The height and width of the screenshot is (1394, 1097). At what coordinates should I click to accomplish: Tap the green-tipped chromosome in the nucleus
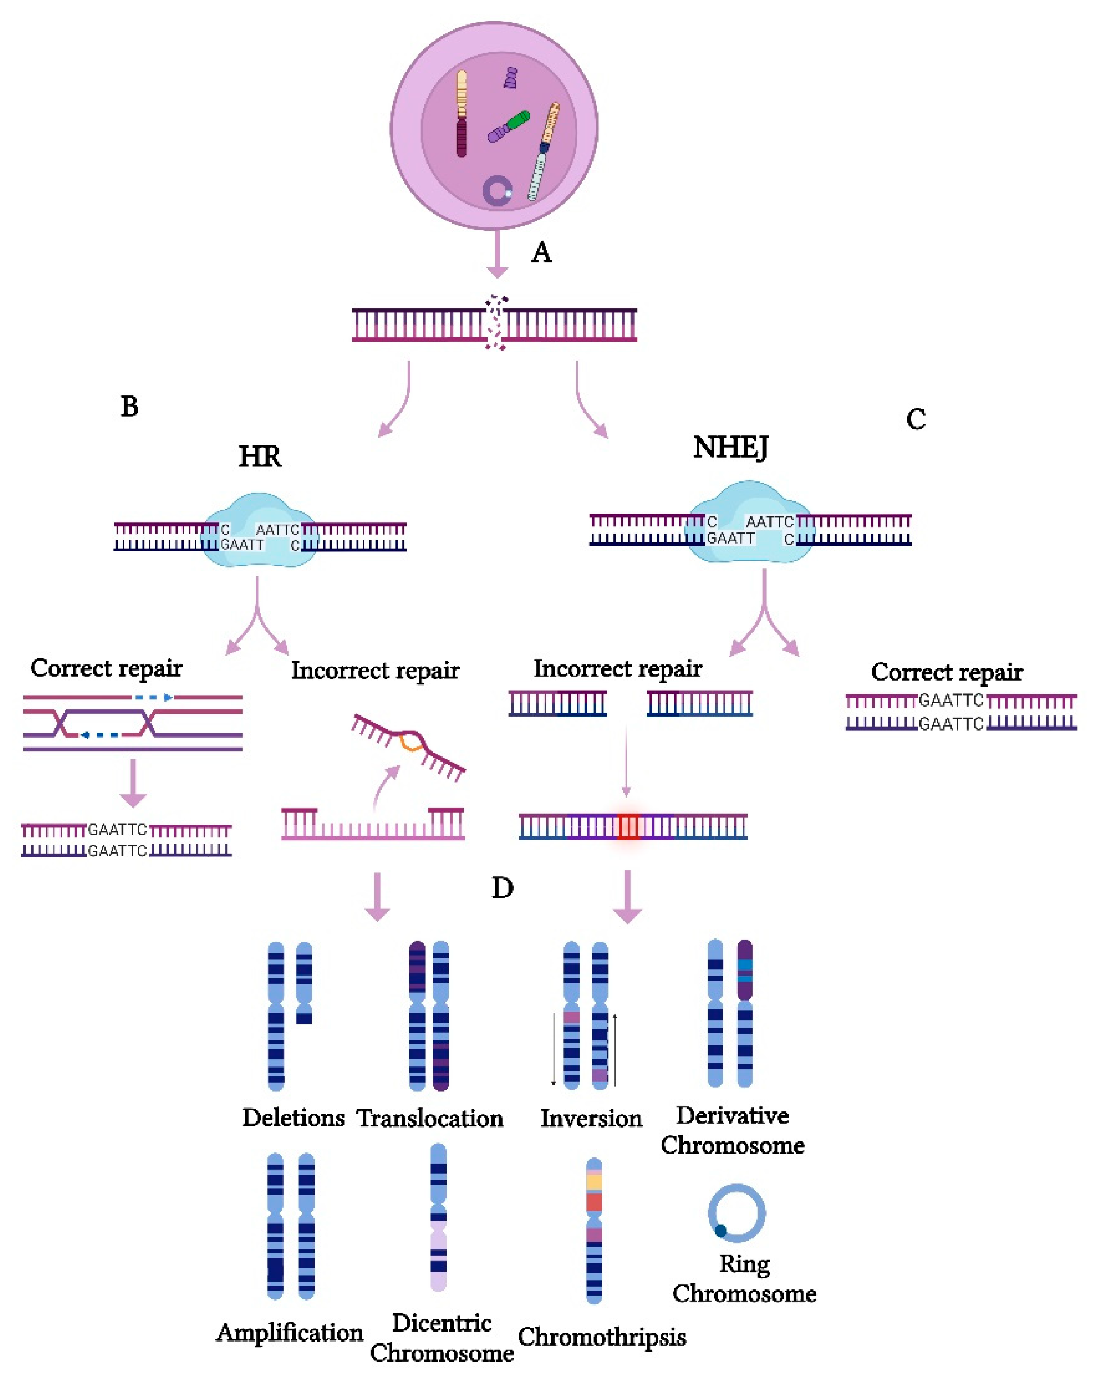(x=508, y=126)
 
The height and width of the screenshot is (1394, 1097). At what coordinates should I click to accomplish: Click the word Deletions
(x=294, y=1118)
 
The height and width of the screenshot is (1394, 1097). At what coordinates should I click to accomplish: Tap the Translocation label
(x=430, y=1118)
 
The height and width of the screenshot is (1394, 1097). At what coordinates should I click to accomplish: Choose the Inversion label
(x=591, y=1118)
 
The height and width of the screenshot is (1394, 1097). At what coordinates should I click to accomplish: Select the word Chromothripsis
(x=602, y=1337)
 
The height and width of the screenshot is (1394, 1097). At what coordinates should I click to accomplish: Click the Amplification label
(x=290, y=1333)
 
